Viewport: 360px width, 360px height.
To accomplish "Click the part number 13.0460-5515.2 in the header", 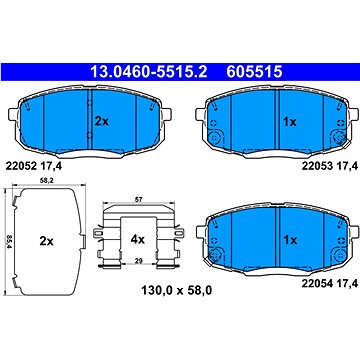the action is click(x=149, y=71).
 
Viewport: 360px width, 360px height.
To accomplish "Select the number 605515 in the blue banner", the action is click(x=255, y=71).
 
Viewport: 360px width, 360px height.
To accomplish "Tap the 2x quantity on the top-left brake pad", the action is click(x=102, y=122).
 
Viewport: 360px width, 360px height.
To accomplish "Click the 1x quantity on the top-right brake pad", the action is click(x=289, y=122).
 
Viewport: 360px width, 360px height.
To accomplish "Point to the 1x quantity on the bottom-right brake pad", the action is click(x=289, y=240).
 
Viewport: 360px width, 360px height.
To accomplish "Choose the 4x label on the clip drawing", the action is click(x=137, y=239).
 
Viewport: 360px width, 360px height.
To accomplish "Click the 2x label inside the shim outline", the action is click(x=46, y=241).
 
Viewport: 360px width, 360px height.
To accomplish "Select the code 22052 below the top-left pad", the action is click(x=19, y=166).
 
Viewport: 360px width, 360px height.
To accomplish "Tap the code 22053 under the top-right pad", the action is click(x=317, y=166).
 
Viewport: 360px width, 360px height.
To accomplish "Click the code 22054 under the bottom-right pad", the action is click(x=317, y=284).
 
